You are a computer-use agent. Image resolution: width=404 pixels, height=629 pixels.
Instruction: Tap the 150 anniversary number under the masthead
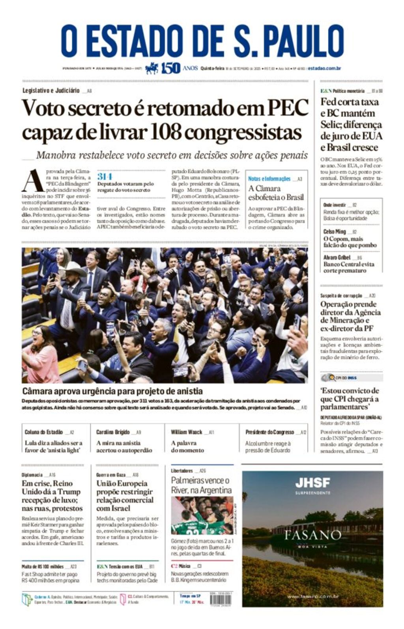pyautogui.click(x=170, y=68)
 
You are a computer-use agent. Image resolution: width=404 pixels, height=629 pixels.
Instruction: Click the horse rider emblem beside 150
pyautogui.click(x=152, y=68)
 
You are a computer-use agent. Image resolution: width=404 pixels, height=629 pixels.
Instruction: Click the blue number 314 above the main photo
pyautogui.click(x=105, y=176)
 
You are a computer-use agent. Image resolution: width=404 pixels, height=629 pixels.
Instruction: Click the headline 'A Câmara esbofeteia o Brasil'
pyautogui.click(x=276, y=193)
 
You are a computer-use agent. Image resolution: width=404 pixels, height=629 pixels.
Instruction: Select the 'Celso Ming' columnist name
pyautogui.click(x=335, y=231)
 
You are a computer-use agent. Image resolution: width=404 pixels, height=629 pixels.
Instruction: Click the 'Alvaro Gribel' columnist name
pyautogui.click(x=337, y=257)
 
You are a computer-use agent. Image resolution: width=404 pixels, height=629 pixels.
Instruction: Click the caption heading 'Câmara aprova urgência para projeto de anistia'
pyautogui.click(x=112, y=391)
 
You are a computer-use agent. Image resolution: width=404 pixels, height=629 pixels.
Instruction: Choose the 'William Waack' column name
pyautogui.click(x=186, y=432)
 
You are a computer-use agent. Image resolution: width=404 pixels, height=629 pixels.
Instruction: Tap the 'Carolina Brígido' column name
pyautogui.click(x=113, y=432)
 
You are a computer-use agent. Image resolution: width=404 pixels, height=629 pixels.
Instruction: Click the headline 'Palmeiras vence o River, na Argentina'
pyautogui.click(x=201, y=485)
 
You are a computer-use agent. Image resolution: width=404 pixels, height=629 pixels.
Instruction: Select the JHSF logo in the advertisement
pyautogui.click(x=312, y=482)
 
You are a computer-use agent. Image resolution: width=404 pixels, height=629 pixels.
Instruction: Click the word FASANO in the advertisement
pyautogui.click(x=312, y=535)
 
